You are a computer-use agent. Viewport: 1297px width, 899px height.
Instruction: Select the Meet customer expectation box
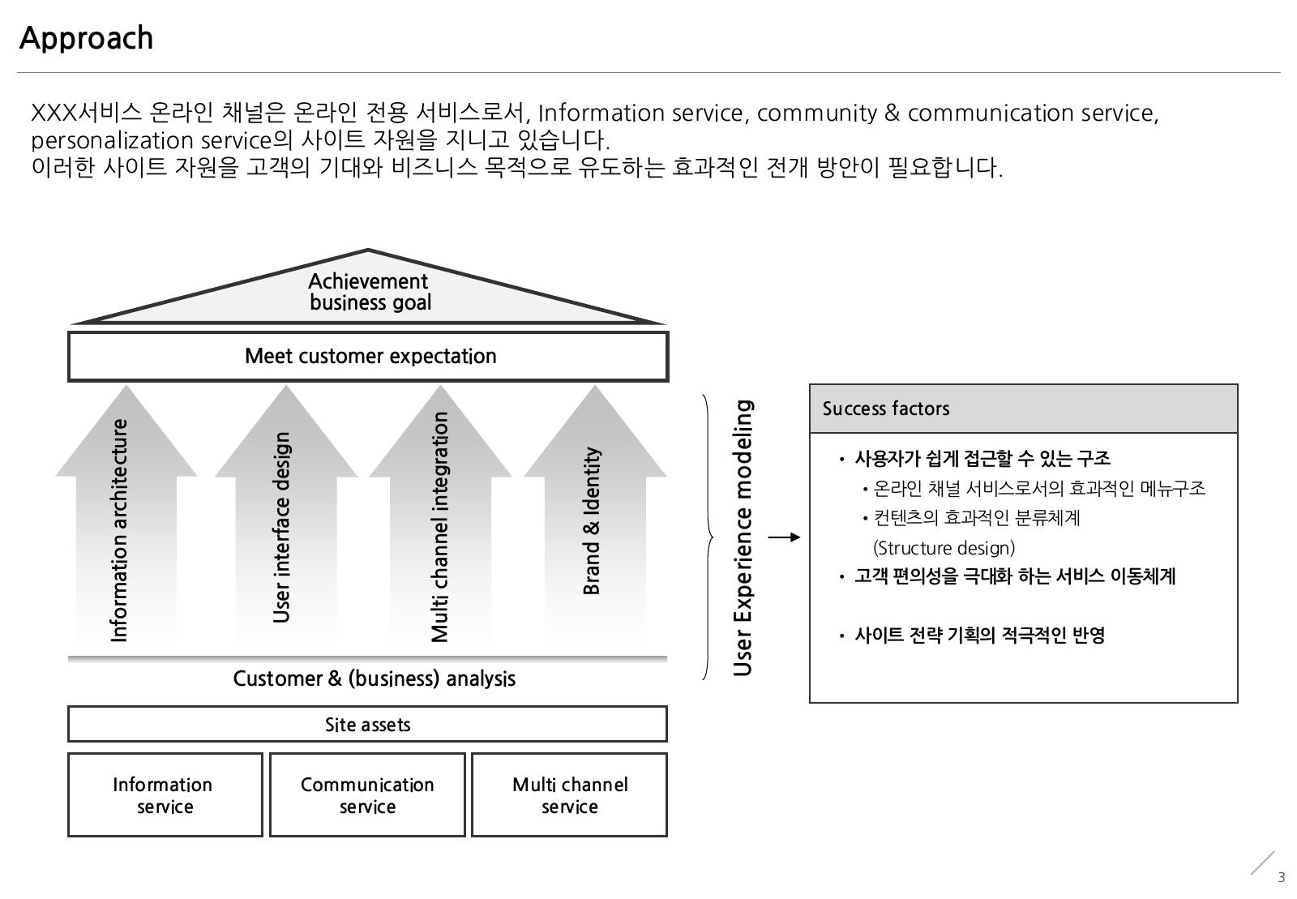[x=368, y=357]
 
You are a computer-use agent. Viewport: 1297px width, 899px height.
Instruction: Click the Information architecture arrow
[x=126, y=516]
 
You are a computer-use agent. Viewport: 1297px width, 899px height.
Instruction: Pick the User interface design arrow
[x=286, y=516]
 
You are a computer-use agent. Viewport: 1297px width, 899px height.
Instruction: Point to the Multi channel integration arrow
[x=441, y=516]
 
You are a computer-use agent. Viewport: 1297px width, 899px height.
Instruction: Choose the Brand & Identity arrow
[x=595, y=516]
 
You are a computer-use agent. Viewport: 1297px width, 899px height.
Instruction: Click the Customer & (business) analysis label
[x=374, y=679]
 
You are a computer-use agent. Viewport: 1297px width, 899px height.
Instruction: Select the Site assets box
[x=368, y=724]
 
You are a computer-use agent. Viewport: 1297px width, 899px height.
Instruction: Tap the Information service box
[x=165, y=794]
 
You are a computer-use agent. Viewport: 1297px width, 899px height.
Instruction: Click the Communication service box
[x=368, y=794]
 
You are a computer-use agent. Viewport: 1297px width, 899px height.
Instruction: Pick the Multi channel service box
[x=570, y=794]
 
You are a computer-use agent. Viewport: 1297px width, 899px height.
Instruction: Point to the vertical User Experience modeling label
[x=743, y=537]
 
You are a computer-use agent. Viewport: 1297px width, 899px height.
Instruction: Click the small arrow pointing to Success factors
[x=784, y=537]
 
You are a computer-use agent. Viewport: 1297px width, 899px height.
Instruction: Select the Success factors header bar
[x=1023, y=409]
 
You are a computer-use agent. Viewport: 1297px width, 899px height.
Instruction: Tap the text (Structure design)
[x=944, y=548]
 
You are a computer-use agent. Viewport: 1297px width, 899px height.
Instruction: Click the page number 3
[x=1282, y=878]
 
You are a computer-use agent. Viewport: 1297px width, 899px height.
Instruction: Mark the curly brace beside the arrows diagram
[x=708, y=537]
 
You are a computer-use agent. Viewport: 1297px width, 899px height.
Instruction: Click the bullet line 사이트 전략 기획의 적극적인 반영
[x=980, y=636]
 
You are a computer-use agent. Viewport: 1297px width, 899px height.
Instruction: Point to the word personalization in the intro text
[x=112, y=141]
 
